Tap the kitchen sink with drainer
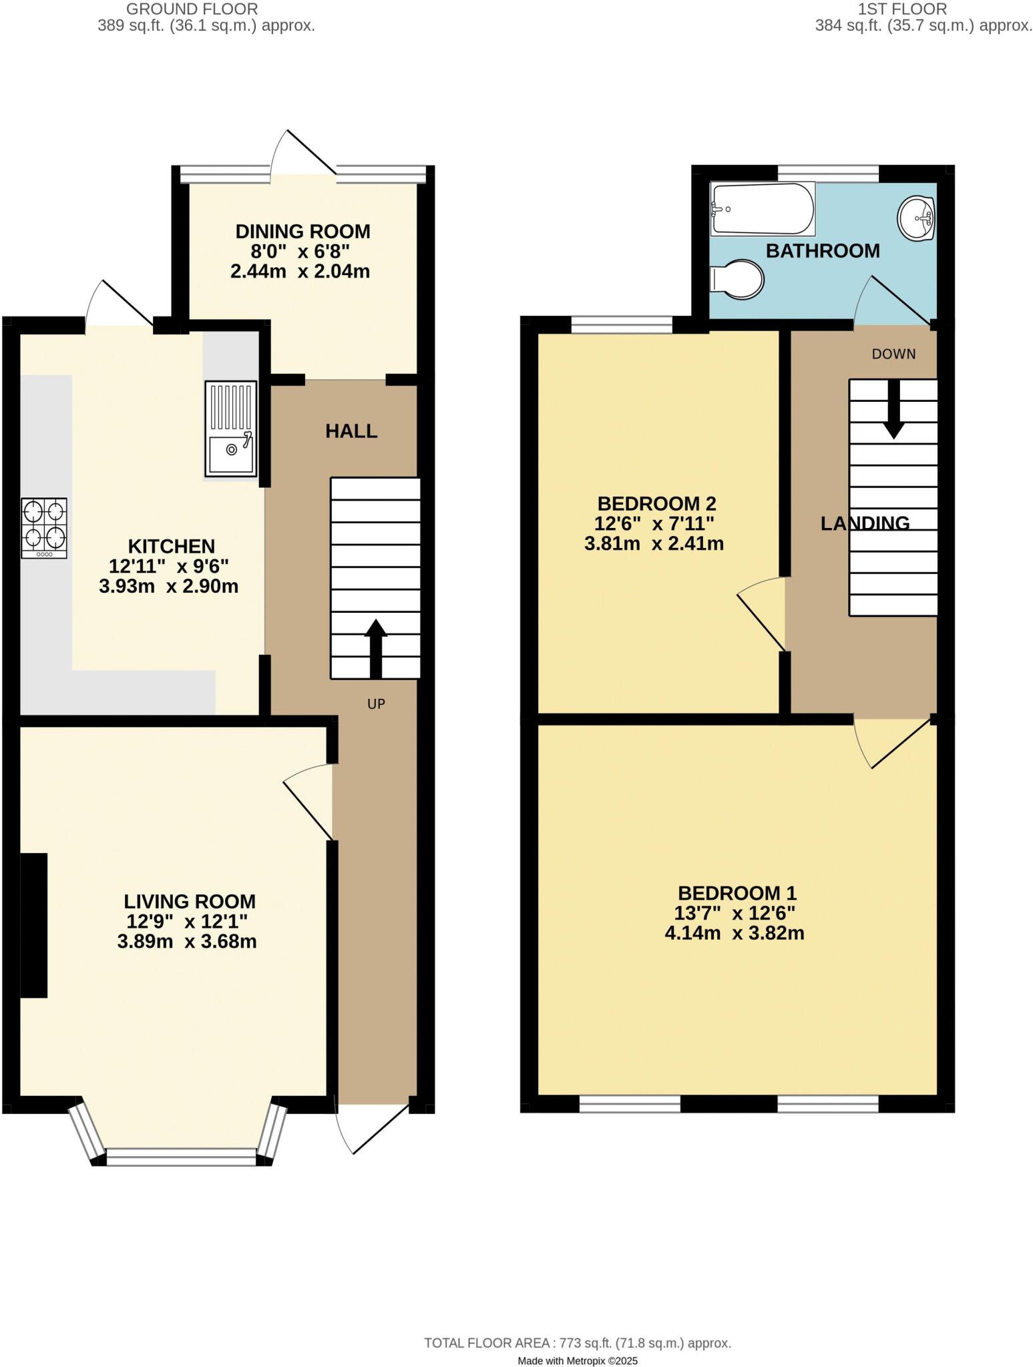pos(230,429)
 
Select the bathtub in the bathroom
pos(763,209)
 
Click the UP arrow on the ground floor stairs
pos(375,648)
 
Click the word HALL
pos(351,431)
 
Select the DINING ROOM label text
pos(302,232)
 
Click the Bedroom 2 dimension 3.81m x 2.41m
pos(654,543)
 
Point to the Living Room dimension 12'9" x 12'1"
pos(188,921)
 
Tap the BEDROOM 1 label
pos(737,892)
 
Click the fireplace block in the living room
pos(34,925)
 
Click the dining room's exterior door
pos(304,154)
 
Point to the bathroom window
pos(828,173)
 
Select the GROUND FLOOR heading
pos(192,9)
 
